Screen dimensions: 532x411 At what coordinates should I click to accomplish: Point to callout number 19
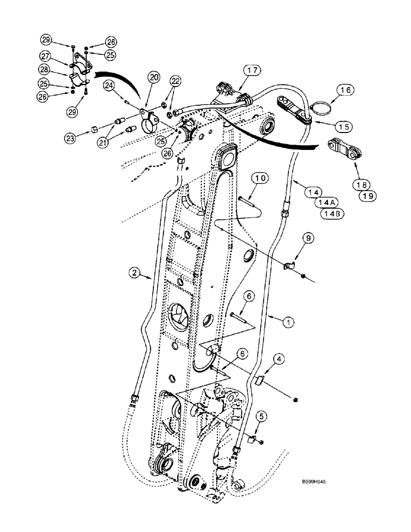coord(368,196)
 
